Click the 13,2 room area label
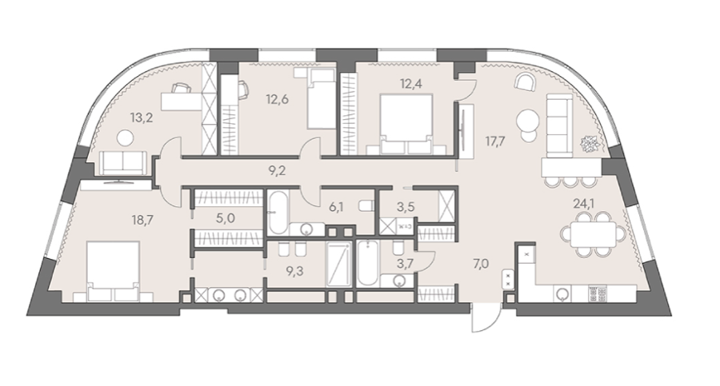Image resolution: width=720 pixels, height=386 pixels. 142,117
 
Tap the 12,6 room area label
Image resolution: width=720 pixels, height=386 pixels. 278,98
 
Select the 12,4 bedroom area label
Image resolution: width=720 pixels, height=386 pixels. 411,84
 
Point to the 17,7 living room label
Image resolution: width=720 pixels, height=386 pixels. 495,141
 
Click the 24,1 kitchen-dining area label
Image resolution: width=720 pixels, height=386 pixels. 584,203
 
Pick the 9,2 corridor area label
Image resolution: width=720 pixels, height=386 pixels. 277,171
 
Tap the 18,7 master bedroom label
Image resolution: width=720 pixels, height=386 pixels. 142,220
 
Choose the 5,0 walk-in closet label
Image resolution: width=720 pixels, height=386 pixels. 226,217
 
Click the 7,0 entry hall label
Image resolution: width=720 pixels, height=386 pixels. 480,264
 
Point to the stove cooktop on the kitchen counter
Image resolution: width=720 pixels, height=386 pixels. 598,294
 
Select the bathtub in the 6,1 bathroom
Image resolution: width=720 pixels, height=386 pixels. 278,213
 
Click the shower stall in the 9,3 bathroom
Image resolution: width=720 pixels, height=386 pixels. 339,265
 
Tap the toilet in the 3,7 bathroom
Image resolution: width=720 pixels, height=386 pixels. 398,249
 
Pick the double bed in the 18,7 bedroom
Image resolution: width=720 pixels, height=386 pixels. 113,271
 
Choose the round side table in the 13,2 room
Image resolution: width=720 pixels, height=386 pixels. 125,137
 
